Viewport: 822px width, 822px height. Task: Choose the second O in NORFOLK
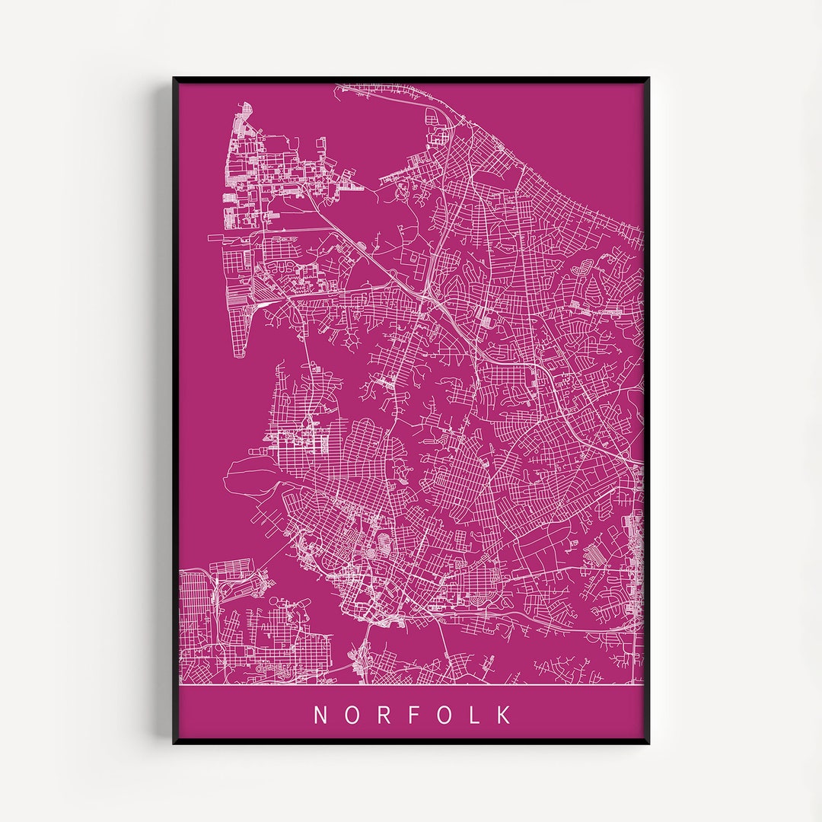coord(444,715)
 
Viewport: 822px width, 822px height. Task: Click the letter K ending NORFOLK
coord(504,715)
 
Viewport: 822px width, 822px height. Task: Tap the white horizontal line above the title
coord(411,685)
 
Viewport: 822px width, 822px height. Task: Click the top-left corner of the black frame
coord(174,78)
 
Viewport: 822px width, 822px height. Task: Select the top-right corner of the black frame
coord(648,78)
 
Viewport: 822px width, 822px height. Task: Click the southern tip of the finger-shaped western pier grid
coord(240,356)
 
